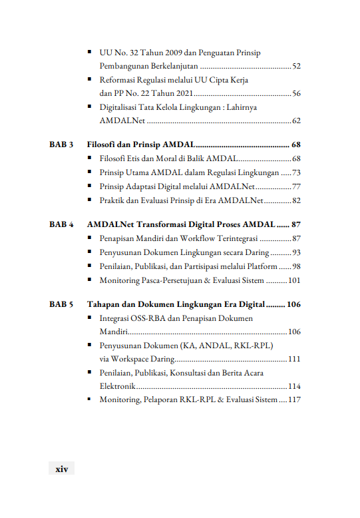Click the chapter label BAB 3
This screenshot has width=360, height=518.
pos(61,144)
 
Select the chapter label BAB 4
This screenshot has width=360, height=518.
pos(61,224)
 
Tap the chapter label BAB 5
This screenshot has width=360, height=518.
pos(61,305)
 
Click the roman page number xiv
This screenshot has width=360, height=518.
pos(61,469)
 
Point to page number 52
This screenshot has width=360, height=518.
pos(296,67)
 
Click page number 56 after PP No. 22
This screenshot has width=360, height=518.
pos(296,93)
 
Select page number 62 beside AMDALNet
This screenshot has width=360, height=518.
pos(296,121)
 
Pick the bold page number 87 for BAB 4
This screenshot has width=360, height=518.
pos(296,224)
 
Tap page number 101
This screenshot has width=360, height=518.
pos(294,280)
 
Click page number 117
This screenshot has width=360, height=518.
pos(294,399)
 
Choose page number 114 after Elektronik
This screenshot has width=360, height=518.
pos(294,386)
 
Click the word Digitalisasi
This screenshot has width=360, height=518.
pos(122,107)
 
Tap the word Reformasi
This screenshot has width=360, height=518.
pos(120,81)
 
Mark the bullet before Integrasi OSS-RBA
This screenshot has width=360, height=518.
pos(90,319)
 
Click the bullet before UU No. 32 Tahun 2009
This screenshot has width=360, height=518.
pos(90,53)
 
